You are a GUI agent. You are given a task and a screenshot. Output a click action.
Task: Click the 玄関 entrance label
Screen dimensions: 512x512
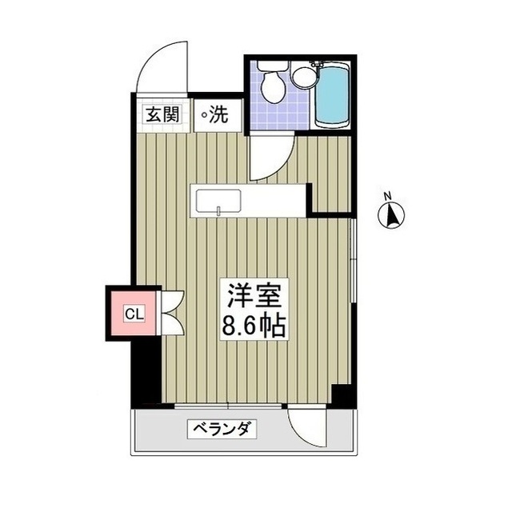161,114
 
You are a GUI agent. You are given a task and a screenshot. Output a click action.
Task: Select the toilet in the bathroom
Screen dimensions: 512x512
270,84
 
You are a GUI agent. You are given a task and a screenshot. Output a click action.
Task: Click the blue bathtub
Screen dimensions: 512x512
332,95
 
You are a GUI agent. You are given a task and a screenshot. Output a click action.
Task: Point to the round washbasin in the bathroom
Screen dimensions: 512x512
302,77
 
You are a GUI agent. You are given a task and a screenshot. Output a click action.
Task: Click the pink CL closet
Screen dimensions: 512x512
134,313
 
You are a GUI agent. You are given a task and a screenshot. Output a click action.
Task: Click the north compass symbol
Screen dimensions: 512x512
392,214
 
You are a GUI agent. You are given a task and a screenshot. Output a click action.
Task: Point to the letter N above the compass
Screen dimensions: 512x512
387,195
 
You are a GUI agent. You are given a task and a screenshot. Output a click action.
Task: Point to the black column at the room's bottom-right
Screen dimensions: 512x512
342,395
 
